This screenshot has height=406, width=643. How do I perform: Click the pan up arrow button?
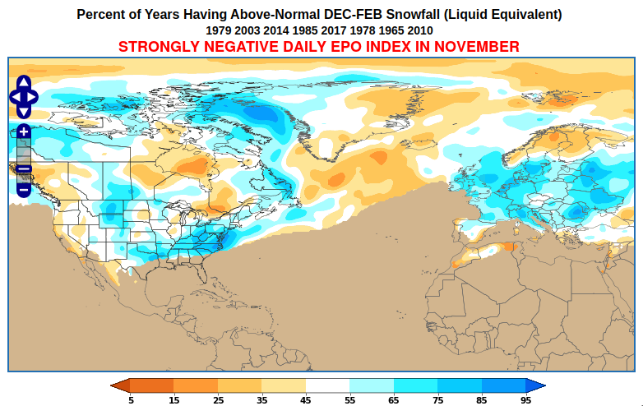pos(24,82)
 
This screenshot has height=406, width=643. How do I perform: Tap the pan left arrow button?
pos(15,97)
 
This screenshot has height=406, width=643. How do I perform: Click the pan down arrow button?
pos(24,112)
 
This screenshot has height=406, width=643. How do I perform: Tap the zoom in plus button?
pos(24,131)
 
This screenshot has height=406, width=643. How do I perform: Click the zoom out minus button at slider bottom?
pos(24,190)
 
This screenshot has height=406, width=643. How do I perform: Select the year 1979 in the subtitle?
pos(219,30)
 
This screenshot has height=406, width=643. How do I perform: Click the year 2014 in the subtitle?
pos(276,30)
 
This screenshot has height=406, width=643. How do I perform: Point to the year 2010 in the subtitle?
pos(420,30)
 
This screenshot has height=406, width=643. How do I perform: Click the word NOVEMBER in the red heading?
pos(476,47)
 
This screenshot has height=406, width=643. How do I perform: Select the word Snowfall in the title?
pos(413,14)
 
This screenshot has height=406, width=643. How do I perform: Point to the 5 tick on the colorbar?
pos(131,400)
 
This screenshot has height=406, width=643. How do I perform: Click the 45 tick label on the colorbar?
pos(306,400)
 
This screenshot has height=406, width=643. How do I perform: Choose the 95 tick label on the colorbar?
pos(525,400)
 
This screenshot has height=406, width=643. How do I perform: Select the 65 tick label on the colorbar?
pos(393,400)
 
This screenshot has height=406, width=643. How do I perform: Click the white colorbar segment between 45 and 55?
pos(327,385)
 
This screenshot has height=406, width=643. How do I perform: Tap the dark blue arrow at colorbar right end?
pos(535,385)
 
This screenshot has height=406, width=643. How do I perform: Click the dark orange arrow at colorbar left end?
pos(120,385)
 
